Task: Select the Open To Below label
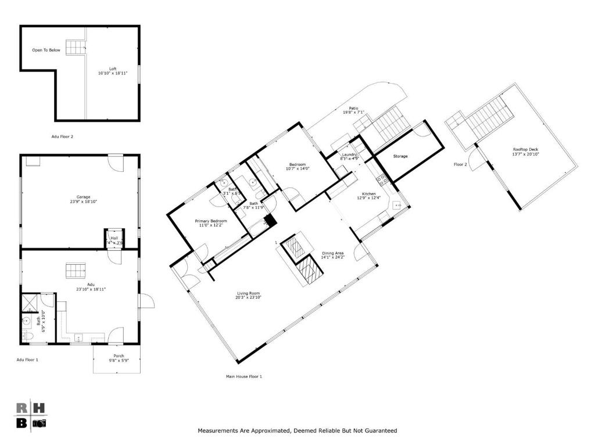coord(46,51)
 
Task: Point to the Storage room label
coord(400,156)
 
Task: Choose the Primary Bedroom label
coord(210,221)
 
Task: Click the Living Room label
coord(248,293)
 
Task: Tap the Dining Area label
coord(333,253)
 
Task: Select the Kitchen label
coord(368,194)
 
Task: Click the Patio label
coord(353,107)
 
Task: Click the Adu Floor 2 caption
coord(62,137)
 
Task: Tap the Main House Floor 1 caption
coord(244,377)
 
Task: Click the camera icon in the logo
coord(39,423)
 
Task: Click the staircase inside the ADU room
coord(75,271)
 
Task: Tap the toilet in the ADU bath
coord(26,335)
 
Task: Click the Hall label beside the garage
coord(114,238)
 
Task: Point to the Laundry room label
coord(349,154)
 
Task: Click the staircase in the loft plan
coord(74,47)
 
